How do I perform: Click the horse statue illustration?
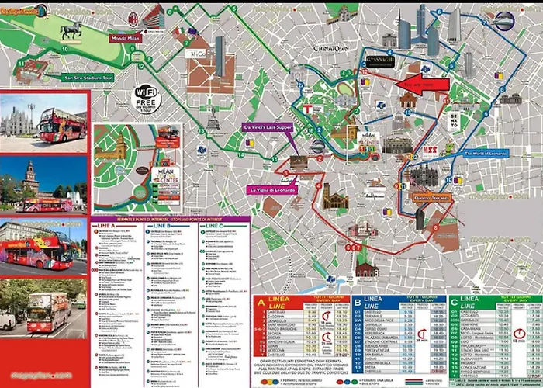71,30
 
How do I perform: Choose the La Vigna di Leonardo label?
272,189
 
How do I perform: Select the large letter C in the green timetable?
454,302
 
